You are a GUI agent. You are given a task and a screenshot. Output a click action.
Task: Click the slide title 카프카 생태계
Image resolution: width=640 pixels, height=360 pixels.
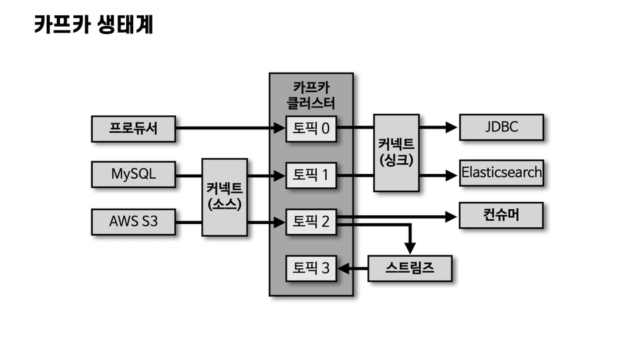[94, 25]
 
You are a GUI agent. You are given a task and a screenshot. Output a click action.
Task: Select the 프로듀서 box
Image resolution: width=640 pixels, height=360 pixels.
[133, 128]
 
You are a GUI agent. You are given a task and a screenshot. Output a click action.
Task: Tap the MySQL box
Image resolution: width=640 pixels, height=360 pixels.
[133, 175]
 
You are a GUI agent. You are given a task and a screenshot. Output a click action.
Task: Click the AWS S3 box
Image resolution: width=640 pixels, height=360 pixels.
[133, 221]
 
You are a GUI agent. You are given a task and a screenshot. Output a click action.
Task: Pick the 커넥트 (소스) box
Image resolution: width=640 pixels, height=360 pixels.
[224, 197]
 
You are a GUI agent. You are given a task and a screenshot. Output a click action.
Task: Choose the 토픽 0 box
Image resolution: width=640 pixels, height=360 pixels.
[311, 128]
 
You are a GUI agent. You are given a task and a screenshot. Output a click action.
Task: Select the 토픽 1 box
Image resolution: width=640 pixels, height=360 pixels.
[311, 175]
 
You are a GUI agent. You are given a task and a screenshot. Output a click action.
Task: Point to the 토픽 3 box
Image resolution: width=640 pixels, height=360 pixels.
[311, 269]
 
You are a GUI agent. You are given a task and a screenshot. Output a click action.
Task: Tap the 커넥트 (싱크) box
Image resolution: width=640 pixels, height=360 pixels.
[396, 153]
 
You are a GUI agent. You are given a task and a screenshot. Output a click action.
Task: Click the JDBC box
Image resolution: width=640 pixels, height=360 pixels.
[501, 127]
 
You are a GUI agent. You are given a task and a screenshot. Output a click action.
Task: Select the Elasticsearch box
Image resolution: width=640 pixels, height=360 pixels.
[501, 173]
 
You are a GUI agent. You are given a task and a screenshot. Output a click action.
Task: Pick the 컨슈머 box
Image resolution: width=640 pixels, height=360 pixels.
[501, 216]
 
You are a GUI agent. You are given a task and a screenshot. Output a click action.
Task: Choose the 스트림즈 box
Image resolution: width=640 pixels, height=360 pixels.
[410, 269]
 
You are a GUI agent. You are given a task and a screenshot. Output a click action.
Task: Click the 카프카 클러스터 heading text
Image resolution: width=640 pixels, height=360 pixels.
[311, 95]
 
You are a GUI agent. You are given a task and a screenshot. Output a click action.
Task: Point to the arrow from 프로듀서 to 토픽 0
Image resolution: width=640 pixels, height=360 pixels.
[227, 128]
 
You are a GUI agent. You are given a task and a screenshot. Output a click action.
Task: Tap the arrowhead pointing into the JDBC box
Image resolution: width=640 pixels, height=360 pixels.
[452, 127]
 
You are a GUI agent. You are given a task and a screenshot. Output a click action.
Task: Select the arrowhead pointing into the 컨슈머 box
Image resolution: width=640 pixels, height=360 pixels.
[452, 216]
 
